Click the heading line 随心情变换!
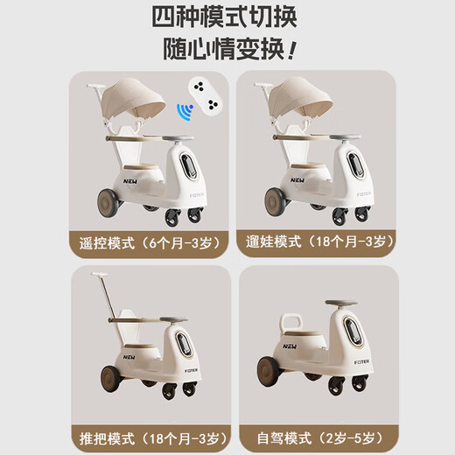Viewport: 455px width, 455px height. pos(227,48)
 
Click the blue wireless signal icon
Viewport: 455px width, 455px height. pos(184,112)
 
